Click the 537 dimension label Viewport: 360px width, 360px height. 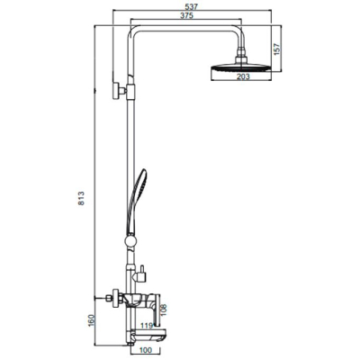[x=192, y=6]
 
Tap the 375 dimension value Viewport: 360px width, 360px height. [x=186, y=15]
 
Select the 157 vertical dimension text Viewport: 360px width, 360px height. [x=276, y=49]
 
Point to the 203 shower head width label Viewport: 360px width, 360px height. [x=243, y=76]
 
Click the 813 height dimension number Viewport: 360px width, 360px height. [x=81, y=198]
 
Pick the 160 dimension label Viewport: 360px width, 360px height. [x=92, y=320]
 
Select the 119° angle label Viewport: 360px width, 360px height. [x=148, y=325]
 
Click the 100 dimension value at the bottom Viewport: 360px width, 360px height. [x=146, y=350]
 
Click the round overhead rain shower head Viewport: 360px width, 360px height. [x=241, y=67]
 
